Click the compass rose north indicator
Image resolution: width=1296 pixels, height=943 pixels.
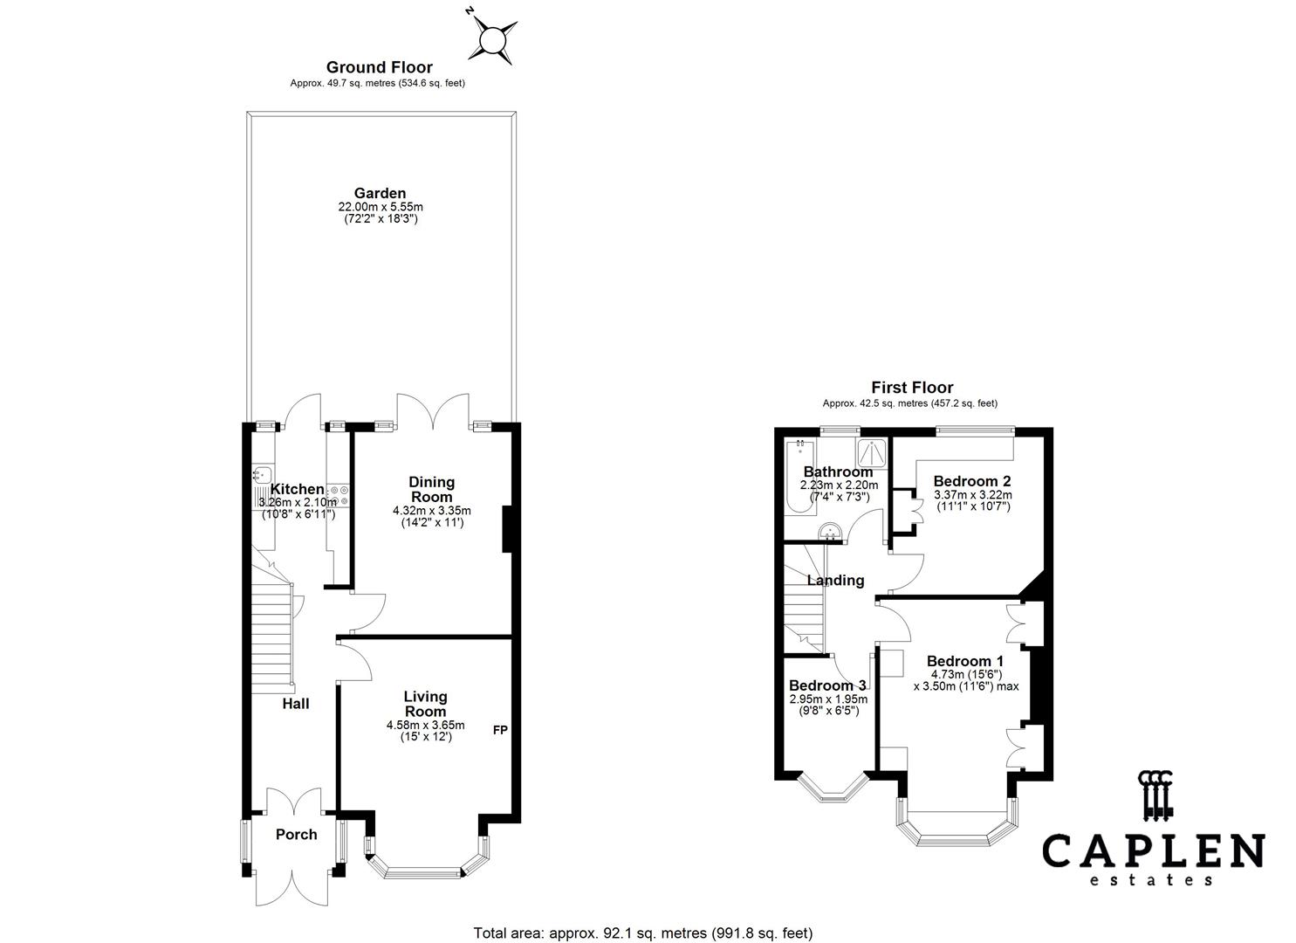(494, 39)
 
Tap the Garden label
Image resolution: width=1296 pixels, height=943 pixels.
(380, 193)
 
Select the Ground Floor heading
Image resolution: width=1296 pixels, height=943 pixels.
(379, 67)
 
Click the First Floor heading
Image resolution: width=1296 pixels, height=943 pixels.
(912, 388)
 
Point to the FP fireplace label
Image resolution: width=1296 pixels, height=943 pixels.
(500, 729)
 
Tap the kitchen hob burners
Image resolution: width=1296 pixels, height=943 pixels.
(339, 496)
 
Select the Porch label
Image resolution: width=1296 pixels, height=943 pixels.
(296, 835)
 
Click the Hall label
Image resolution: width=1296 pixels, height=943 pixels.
(295, 704)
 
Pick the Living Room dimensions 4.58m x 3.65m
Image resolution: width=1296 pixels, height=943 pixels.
(425, 725)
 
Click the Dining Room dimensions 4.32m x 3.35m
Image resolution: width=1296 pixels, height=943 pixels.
(432, 511)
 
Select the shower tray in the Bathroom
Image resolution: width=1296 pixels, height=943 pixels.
(871, 452)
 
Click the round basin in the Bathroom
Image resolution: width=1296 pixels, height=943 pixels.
(829, 531)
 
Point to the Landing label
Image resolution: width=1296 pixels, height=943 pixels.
(835, 581)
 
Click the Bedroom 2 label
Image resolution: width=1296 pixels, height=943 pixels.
(972, 481)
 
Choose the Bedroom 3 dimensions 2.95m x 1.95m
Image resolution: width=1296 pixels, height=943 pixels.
(828, 699)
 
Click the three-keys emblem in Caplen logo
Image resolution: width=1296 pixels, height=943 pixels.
(1155, 795)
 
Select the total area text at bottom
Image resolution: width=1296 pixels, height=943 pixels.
(643, 933)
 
